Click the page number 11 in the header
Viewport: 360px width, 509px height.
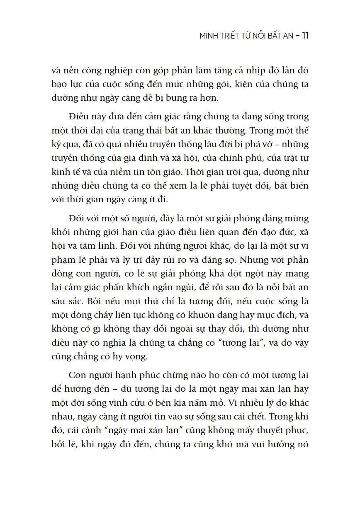click(x=305, y=36)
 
